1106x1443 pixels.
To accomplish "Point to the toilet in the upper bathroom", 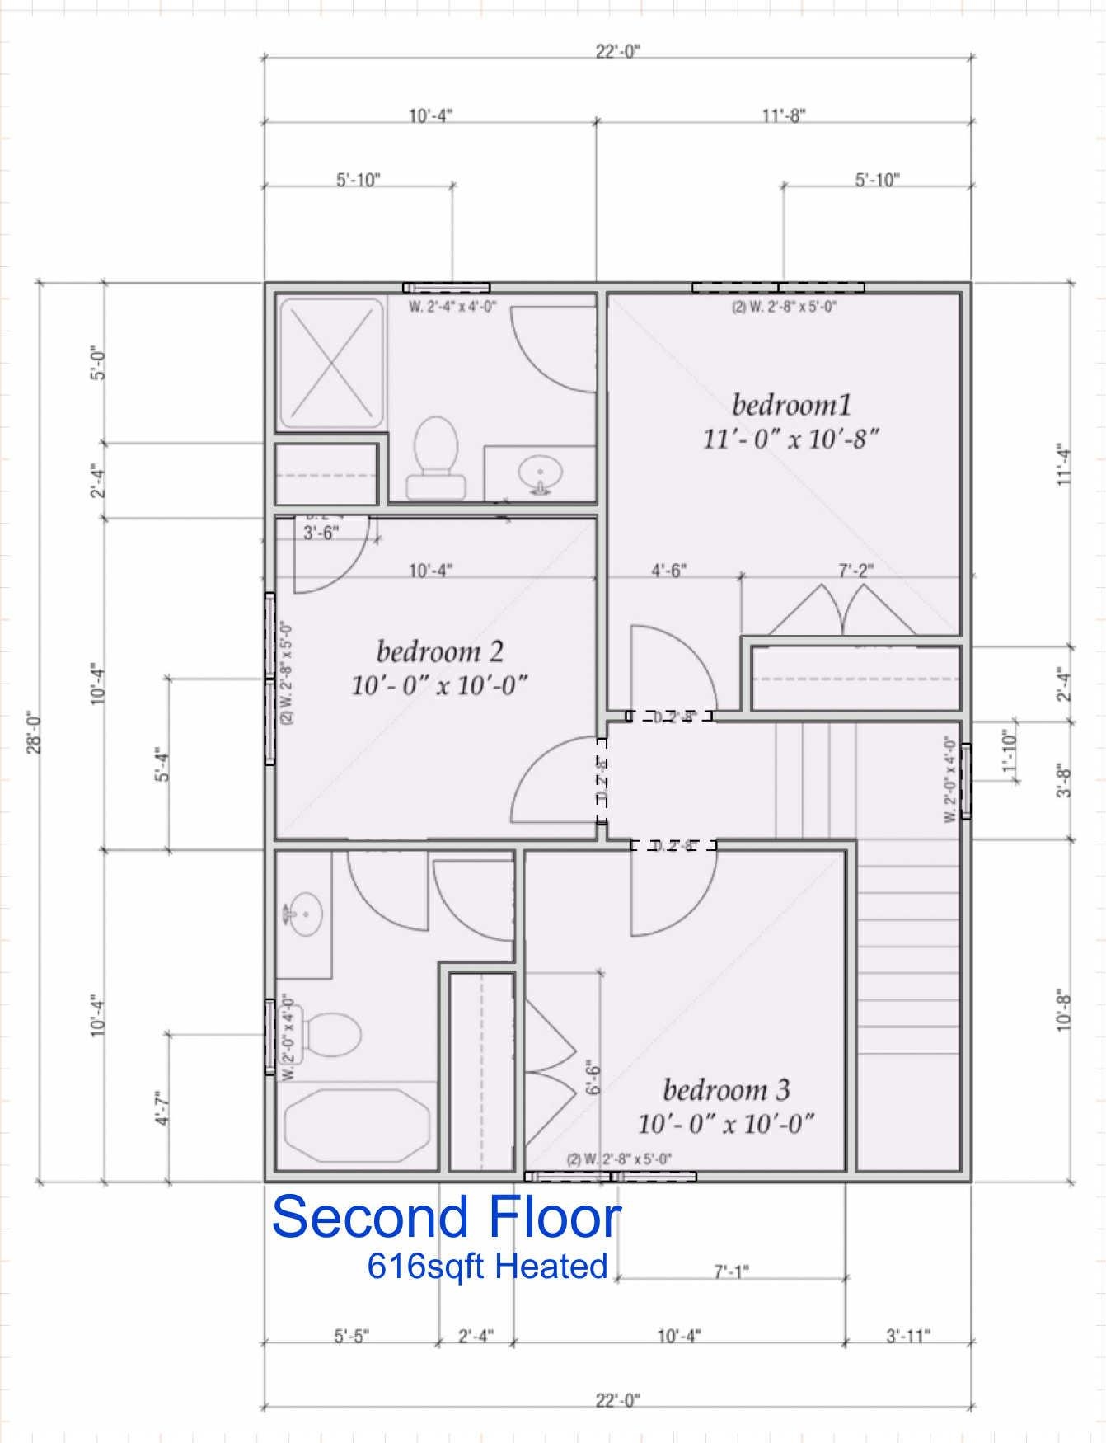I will pyautogui.click(x=434, y=458).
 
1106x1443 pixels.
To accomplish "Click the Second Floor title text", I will pyautogui.click(x=446, y=1217).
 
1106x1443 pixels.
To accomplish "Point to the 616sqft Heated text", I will pyautogui.click(x=487, y=1266).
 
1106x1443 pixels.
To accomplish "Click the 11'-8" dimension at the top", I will pyautogui.click(x=783, y=115).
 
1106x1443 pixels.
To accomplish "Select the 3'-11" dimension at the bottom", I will pyautogui.click(x=908, y=1336).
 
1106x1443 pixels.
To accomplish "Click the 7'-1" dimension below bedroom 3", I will pyautogui.click(x=731, y=1272).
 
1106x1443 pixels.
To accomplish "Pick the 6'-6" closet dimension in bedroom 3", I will pyautogui.click(x=593, y=1077).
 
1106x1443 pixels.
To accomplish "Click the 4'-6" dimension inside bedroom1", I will pyautogui.click(x=669, y=570).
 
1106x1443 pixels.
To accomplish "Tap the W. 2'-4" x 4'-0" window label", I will pyautogui.click(x=452, y=308).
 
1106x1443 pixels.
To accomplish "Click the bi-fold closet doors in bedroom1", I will pyautogui.click(x=842, y=610).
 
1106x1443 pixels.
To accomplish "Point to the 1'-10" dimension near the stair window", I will pyautogui.click(x=1010, y=752).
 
